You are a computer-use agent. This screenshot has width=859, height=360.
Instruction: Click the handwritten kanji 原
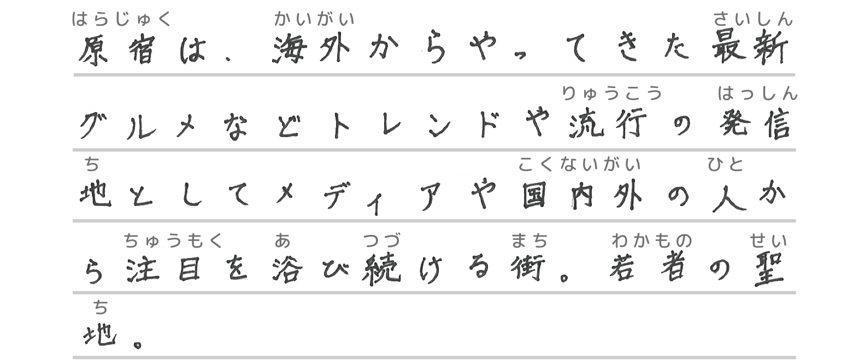coord(93,51)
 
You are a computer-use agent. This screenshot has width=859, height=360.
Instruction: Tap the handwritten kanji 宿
coord(141,50)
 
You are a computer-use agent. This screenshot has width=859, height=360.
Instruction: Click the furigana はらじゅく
coord(121,19)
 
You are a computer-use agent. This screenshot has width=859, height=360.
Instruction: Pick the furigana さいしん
coord(753,19)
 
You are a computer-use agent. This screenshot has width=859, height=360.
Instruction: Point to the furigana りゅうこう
coord(612,93)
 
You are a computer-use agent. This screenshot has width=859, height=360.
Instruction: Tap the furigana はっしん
coord(757,93)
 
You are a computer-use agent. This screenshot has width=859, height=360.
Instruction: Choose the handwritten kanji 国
coord(534,195)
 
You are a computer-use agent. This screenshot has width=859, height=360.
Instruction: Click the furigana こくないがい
coord(579,164)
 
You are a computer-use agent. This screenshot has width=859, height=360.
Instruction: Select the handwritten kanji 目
coord(190,268)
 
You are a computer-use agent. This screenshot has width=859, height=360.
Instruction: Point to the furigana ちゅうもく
coord(173,241)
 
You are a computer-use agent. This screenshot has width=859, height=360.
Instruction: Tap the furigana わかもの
coord(652,241)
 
